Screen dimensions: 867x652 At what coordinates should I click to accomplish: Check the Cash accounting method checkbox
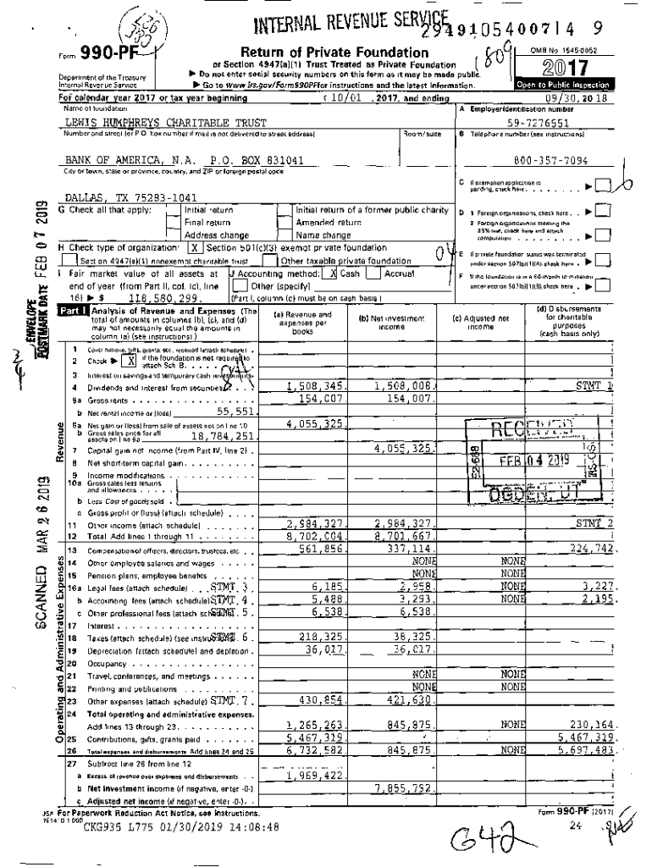(x=334, y=273)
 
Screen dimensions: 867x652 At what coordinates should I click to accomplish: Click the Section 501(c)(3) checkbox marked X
(x=194, y=248)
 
